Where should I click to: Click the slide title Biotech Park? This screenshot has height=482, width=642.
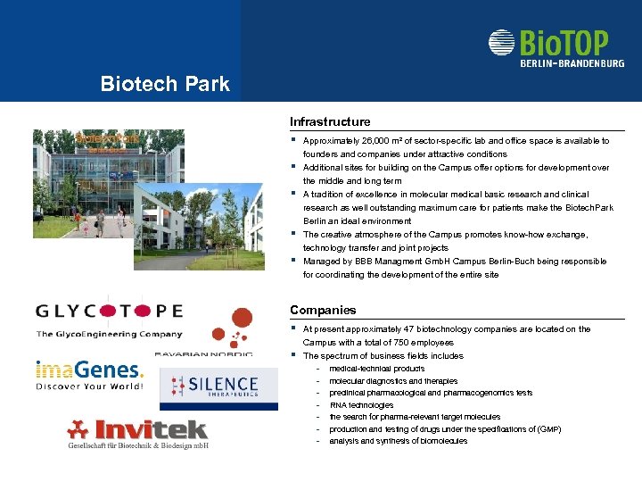pyautogui.click(x=165, y=85)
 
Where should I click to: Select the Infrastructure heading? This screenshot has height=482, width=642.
pyautogui.click(x=330, y=121)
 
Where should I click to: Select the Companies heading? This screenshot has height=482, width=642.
pyautogui.click(x=323, y=310)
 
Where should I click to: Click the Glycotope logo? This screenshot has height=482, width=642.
pyautogui.click(x=110, y=312)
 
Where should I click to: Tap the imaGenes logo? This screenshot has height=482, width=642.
pyautogui.click(x=89, y=369)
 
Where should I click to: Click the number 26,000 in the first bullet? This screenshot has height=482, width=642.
pyautogui.click(x=371, y=141)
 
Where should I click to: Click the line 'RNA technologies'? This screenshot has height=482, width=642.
pyautogui.click(x=361, y=405)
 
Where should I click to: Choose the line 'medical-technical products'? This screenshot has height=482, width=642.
pyautogui.click(x=376, y=369)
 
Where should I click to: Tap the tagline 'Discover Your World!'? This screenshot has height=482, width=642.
pyautogui.click(x=89, y=386)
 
